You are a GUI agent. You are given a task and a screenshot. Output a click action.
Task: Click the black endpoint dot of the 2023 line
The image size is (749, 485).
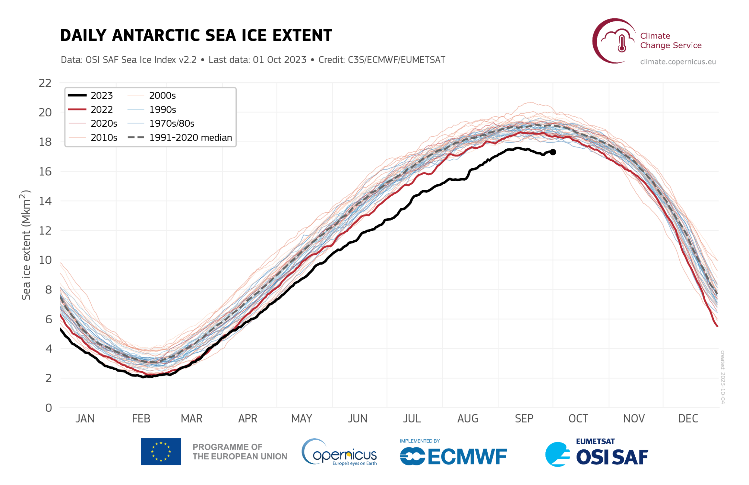pos(553,152)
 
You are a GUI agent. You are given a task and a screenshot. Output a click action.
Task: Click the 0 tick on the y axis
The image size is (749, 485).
pos(49,408)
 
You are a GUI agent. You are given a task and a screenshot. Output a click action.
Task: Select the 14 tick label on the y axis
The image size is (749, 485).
pos(45,201)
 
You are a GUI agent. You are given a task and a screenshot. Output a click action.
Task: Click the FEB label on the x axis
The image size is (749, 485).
pos(141,419)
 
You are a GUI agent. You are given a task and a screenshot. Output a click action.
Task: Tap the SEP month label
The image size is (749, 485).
pos(524,419)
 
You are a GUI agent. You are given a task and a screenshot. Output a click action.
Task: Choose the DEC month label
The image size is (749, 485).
pos(688,419)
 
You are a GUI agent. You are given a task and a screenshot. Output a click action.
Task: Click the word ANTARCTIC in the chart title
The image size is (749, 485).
pos(173,35)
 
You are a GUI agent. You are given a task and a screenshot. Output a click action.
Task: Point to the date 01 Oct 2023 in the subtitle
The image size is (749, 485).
pos(280,60)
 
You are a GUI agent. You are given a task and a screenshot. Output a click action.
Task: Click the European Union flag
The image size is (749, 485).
pos(161,451)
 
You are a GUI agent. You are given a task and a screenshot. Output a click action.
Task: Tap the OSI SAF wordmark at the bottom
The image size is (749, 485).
pos(612,457)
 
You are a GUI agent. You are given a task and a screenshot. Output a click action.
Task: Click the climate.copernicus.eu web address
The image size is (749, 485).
pos(678,62)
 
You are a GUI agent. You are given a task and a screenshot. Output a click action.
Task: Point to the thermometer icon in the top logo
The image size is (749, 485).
pos(622,43)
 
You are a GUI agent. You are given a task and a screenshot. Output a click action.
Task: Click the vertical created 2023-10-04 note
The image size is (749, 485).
pos(723,377)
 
